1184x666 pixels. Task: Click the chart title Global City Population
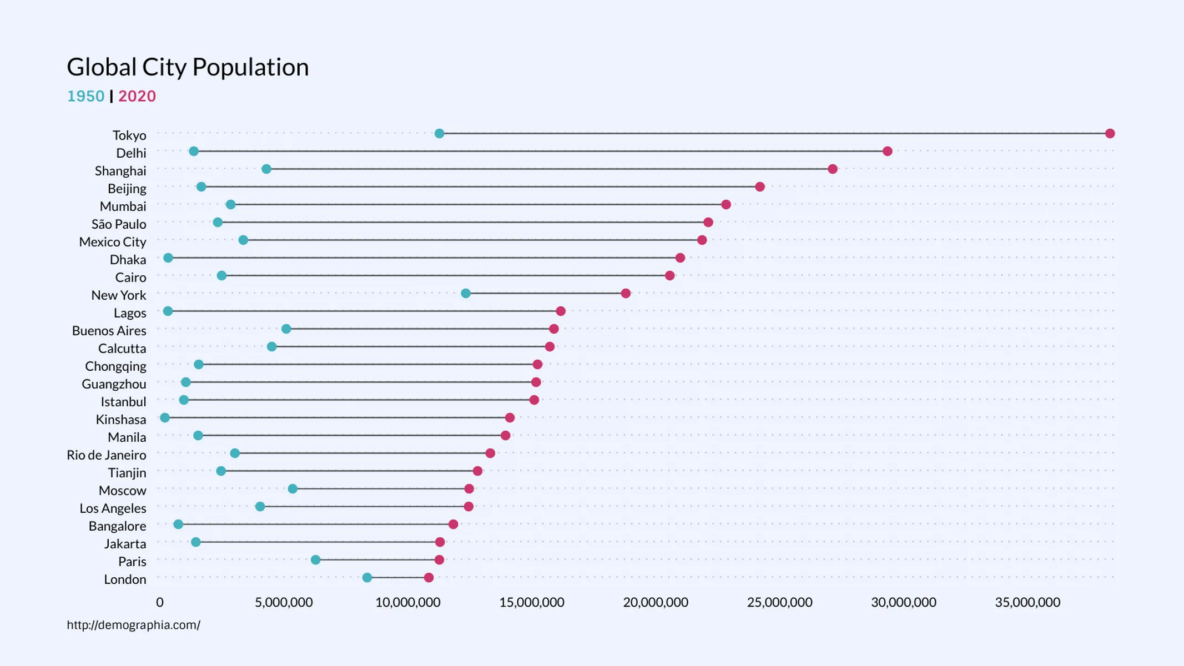[188, 67]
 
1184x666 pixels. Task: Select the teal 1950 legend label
[85, 96]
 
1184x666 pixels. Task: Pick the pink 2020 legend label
[137, 96]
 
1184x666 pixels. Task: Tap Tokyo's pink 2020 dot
[1110, 133]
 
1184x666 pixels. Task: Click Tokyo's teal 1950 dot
[439, 133]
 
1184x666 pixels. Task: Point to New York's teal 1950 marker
[466, 293]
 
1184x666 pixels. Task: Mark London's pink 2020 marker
[429, 578]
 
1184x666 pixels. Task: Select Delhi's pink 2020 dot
[887, 151]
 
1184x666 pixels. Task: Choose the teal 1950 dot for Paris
[315, 559]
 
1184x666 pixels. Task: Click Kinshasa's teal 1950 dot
[164, 417]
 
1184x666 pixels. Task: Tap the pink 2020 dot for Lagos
[561, 311]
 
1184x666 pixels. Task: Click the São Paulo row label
[119, 224]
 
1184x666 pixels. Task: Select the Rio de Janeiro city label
[107, 455]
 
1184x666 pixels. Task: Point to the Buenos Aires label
[109, 331]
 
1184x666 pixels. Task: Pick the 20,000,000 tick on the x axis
[655, 602]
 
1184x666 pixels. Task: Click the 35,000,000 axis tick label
[1027, 602]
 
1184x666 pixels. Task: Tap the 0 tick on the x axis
[160, 602]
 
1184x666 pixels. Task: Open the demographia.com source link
[133, 625]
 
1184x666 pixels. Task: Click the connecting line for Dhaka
[422, 258]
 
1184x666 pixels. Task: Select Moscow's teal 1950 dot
[293, 488]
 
